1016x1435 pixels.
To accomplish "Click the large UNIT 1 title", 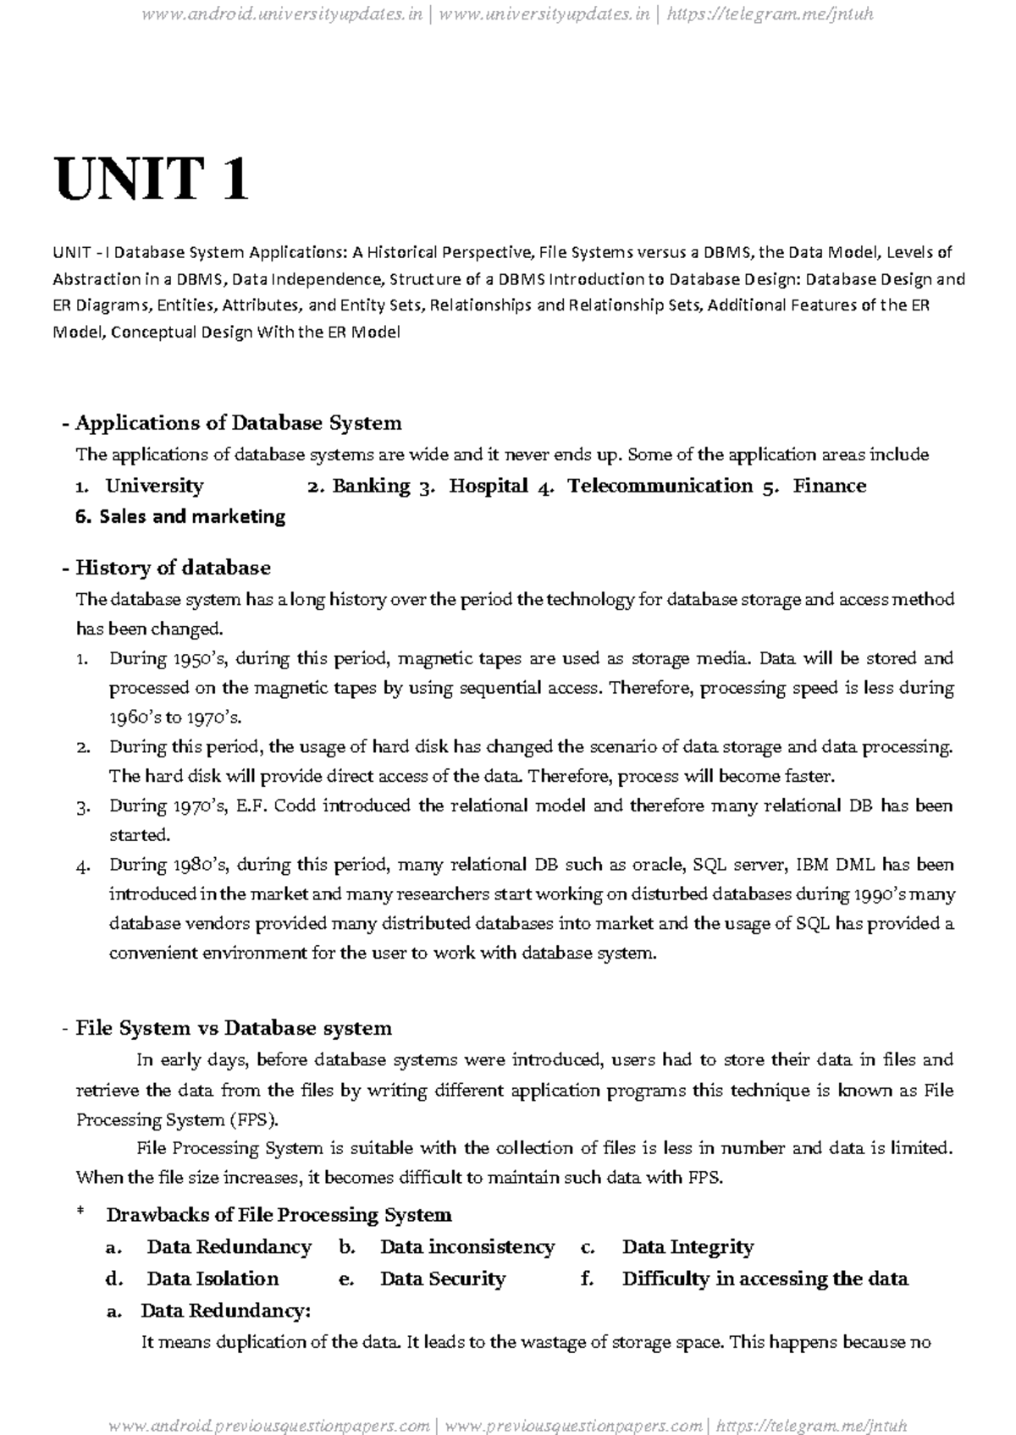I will click(x=152, y=179).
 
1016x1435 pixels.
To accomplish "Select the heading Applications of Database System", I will click(x=238, y=422).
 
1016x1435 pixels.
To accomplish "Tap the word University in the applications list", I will click(x=154, y=486).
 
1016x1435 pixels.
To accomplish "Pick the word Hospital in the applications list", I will click(x=489, y=486).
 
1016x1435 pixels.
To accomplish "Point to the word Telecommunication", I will click(x=660, y=486).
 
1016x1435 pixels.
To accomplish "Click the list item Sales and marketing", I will click(x=191, y=516).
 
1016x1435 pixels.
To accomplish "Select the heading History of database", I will click(x=173, y=567).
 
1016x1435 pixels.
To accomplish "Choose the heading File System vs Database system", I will click(x=234, y=1028).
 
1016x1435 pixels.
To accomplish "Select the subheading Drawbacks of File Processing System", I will click(x=279, y=1215).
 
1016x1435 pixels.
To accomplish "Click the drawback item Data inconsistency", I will click(x=467, y=1247).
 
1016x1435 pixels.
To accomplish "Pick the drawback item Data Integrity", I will click(x=687, y=1247).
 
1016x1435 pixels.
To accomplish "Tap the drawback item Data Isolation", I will click(x=213, y=1278).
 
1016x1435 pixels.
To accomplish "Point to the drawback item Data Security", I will click(x=442, y=1278).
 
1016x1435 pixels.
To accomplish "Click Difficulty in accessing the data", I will click(x=765, y=1278).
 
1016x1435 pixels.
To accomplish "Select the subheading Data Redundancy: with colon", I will click(x=226, y=1311).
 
